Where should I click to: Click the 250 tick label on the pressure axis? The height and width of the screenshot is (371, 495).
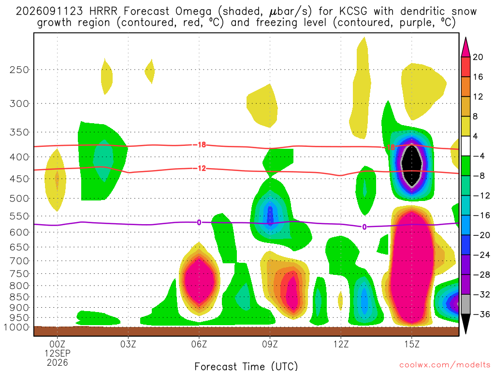[19, 70]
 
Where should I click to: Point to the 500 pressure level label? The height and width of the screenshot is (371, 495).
[19, 199]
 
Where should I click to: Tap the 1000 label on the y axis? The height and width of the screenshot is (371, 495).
[16, 328]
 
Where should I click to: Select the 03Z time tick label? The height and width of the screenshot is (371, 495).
[128, 344]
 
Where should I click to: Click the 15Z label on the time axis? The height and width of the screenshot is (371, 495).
[412, 344]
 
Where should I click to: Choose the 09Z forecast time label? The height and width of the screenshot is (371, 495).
[270, 344]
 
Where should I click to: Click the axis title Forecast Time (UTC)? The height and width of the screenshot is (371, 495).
[246, 366]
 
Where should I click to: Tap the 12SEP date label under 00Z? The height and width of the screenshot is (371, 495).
[58, 353]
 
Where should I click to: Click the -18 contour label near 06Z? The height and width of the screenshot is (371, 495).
[200, 145]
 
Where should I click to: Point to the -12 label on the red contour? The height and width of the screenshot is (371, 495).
[200, 169]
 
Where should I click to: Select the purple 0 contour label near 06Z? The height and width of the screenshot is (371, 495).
[199, 222]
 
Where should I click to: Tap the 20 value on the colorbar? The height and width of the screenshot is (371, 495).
[478, 57]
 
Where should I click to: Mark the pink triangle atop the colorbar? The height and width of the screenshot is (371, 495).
[466, 47]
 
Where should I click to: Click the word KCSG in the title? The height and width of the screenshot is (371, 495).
[353, 12]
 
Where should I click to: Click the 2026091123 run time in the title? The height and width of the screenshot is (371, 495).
[49, 12]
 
